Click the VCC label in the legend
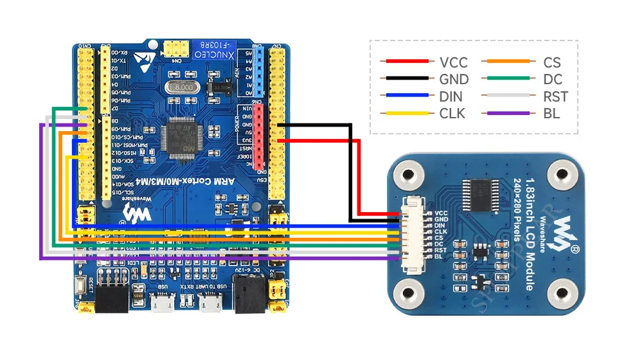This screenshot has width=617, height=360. pyautogui.click(x=453, y=62)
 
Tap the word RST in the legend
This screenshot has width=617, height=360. pyautogui.click(x=555, y=96)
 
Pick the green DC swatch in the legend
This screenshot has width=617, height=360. pyautogui.click(x=506, y=79)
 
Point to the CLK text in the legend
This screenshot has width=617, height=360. pyautogui.click(x=453, y=114)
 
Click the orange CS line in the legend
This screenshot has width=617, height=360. pyautogui.click(x=506, y=62)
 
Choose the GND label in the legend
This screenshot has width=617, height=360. pyautogui.click(x=454, y=80)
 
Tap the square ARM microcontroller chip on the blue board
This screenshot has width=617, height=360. pyautogui.click(x=181, y=136)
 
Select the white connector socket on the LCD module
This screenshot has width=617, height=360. pyautogui.click(x=407, y=235)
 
